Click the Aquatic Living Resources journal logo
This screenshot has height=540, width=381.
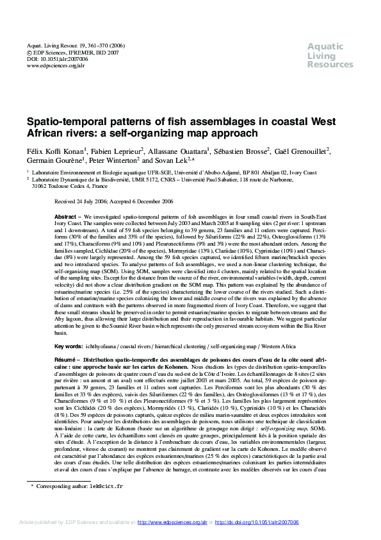point(330,55)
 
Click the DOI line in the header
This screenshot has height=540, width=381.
point(55,58)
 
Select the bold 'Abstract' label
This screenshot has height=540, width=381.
point(67,217)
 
